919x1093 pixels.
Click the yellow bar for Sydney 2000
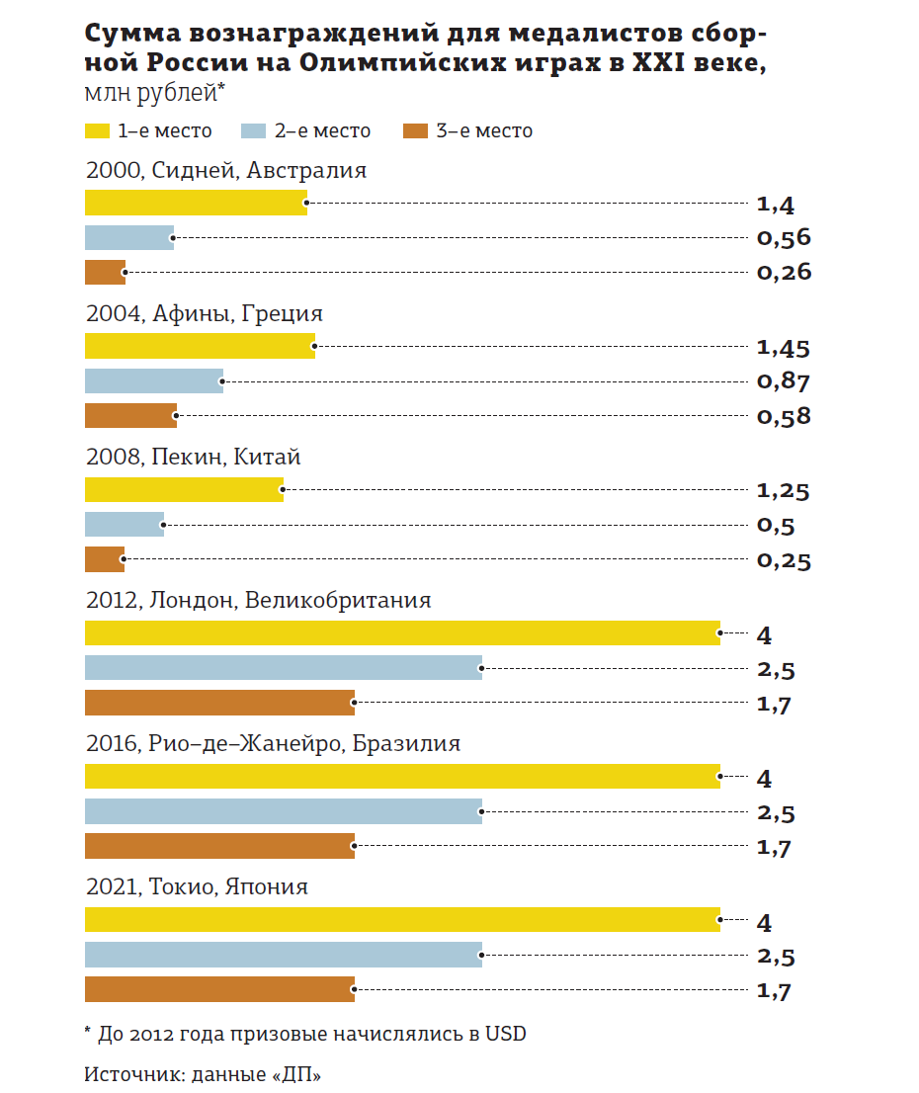point(196,204)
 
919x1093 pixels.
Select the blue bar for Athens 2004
point(154,380)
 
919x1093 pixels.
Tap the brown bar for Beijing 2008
point(105,559)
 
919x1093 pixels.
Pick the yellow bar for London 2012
point(402,633)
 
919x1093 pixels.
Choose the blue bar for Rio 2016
point(284,811)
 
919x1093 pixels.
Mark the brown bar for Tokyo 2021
point(219,989)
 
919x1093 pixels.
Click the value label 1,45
point(783,348)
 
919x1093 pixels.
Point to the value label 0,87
point(783,381)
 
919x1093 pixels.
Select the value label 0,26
point(784,273)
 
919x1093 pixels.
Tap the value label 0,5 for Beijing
point(775,526)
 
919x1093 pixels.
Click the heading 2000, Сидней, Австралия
point(226,170)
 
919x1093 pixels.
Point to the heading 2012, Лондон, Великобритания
point(259,600)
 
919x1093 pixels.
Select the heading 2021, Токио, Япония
point(197,886)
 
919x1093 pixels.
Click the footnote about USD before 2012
point(305,1035)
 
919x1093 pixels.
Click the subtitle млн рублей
point(155,94)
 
